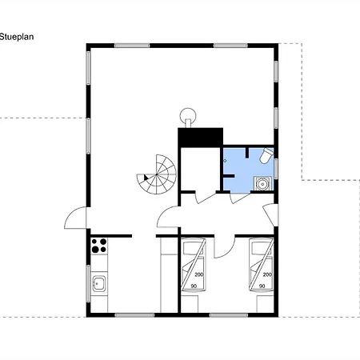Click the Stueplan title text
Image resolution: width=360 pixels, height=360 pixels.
[x=17, y=37]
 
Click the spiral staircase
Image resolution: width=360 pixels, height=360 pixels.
[x=157, y=174]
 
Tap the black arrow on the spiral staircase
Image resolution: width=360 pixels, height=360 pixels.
[x=146, y=178]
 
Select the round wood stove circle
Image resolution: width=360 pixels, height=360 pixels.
[x=188, y=116]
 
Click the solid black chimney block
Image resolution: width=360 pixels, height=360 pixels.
[x=200, y=138]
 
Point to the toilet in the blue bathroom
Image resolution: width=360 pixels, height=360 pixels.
[x=266, y=155]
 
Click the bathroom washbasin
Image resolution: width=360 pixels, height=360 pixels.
[x=263, y=183]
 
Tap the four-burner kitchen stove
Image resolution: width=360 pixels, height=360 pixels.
[x=99, y=246]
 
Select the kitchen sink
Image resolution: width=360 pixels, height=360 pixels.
[x=99, y=283]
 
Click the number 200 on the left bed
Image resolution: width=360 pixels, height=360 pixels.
[x=199, y=274]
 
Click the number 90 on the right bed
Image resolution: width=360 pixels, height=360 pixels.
[x=262, y=286]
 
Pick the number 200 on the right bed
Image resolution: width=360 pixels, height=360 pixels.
[x=267, y=274]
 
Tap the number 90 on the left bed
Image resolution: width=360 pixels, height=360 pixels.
[x=194, y=286]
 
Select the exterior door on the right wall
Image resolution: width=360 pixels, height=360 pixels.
[x=270, y=214]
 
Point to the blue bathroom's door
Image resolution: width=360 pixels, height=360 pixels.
[x=239, y=198]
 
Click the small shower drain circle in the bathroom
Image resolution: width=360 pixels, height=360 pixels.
[x=225, y=161]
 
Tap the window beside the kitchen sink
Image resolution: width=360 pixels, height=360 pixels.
[x=89, y=283]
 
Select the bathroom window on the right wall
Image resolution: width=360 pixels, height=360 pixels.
[x=276, y=169]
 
